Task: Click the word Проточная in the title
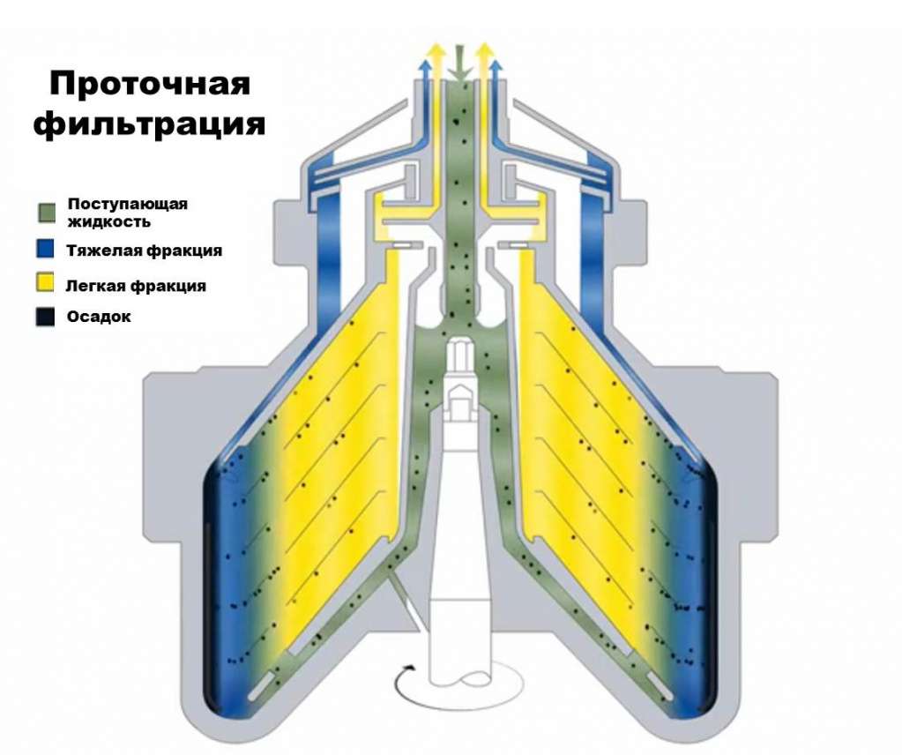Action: (x=150, y=84)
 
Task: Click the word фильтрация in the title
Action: (x=150, y=124)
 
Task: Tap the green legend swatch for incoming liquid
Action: (x=47, y=212)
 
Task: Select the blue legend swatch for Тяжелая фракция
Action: (x=47, y=251)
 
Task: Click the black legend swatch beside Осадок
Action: (x=47, y=317)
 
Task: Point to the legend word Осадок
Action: (x=99, y=317)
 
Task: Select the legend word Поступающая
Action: (x=128, y=204)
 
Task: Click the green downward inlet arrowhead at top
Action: (x=457, y=70)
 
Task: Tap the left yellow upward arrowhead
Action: (x=435, y=49)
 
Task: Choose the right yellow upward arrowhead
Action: (x=482, y=49)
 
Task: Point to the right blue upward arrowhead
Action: (x=496, y=66)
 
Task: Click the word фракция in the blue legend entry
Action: (x=183, y=250)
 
